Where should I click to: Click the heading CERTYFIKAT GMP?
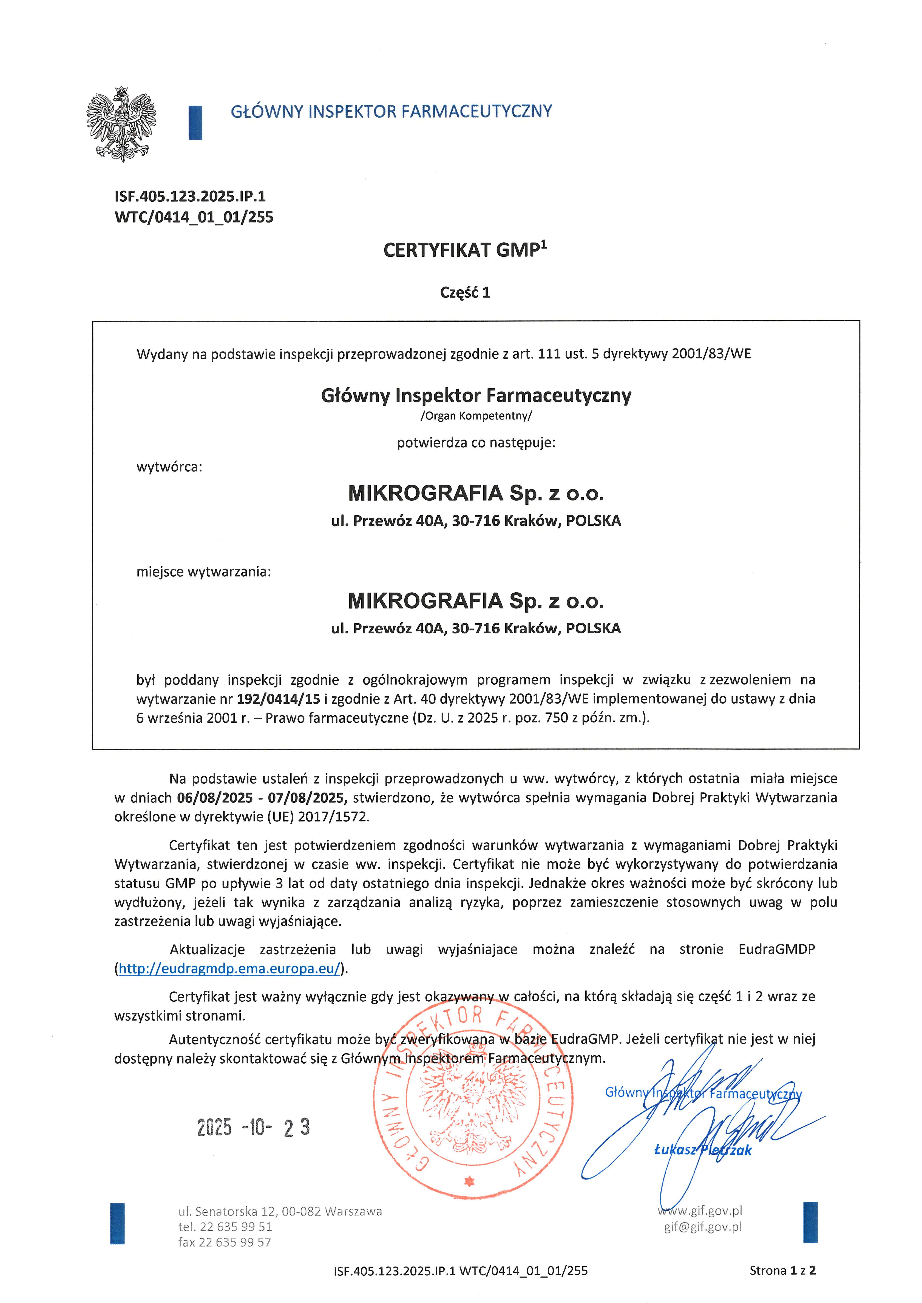point(464,250)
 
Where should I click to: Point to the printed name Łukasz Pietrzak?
point(703,1150)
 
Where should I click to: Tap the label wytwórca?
point(169,467)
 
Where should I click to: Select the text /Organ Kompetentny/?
point(476,415)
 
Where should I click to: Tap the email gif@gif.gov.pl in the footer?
point(703,1227)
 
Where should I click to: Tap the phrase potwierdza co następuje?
point(476,443)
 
